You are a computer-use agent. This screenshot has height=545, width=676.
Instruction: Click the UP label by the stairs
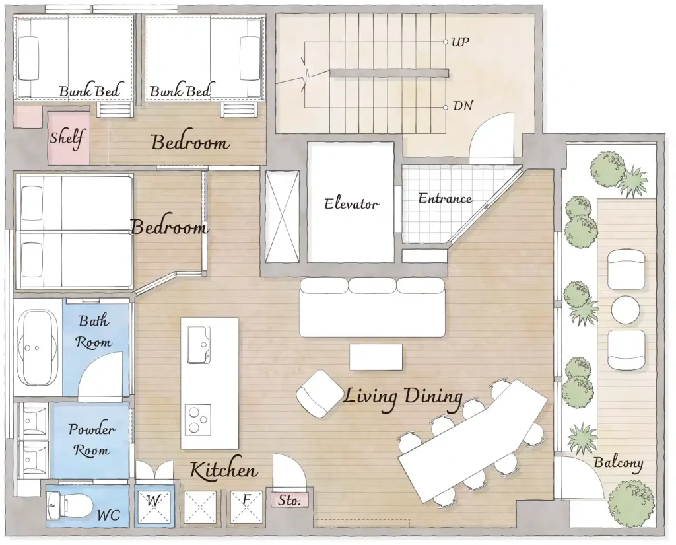(x=460, y=42)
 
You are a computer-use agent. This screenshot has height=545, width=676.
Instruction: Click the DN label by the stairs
(x=463, y=106)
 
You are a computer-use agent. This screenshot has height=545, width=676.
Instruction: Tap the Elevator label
(x=351, y=203)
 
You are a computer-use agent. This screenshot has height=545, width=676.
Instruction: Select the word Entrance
(x=446, y=198)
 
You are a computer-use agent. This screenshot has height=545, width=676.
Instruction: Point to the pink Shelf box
(x=69, y=138)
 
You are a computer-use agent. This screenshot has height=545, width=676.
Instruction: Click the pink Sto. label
(x=289, y=500)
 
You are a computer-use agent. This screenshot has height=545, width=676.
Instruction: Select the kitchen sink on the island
(x=198, y=345)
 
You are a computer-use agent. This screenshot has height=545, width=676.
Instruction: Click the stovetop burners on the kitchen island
(x=198, y=419)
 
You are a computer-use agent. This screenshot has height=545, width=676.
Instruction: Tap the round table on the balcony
(x=626, y=309)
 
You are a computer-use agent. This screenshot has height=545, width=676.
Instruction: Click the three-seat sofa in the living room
(x=372, y=307)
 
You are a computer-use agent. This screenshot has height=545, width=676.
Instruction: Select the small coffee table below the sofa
(x=376, y=357)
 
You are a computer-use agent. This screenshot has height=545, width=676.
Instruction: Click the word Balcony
(x=619, y=462)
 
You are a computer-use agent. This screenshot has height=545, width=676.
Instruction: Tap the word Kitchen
(x=224, y=470)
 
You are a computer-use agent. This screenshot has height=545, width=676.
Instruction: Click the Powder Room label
(x=91, y=439)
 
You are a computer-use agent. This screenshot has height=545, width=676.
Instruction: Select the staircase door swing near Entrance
(x=492, y=139)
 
